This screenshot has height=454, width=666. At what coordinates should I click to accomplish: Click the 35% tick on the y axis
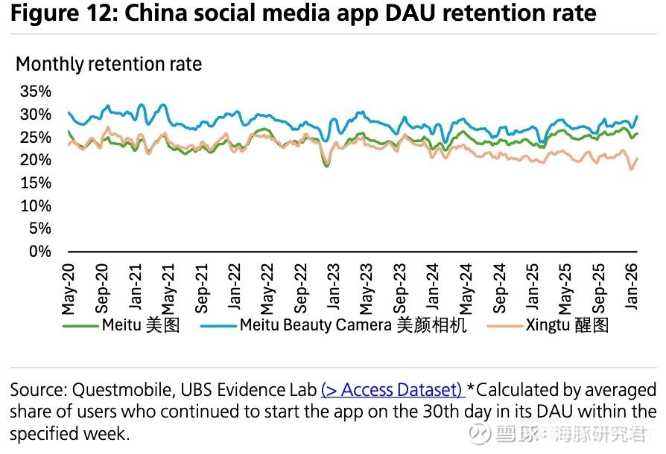pyautogui.click(x=35, y=92)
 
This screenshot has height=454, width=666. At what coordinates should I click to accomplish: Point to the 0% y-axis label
pyautogui.click(x=39, y=252)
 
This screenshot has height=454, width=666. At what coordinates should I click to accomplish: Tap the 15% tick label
pyautogui.click(x=35, y=183)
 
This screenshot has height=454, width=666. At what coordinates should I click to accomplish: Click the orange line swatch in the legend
pyautogui.click(x=503, y=325)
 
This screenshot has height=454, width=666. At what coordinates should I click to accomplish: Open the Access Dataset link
pyautogui.click(x=393, y=389)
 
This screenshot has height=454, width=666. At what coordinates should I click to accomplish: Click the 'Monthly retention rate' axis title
pyautogui.click(x=109, y=64)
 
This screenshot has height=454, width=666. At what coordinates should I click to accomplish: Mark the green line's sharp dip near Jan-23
pyautogui.click(x=326, y=165)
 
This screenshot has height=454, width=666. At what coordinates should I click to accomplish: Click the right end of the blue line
pyautogui.click(x=637, y=116)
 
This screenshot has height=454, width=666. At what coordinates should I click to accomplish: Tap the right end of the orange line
pyautogui.click(x=637, y=158)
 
